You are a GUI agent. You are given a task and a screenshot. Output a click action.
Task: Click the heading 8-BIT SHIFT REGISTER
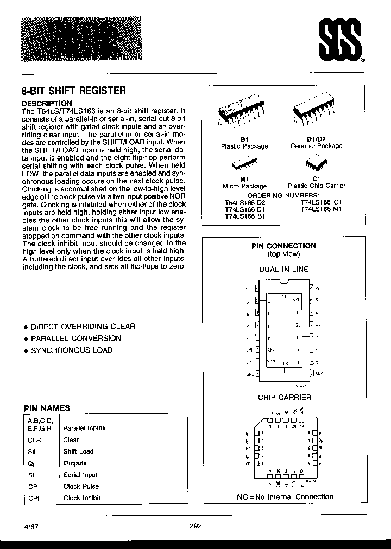coord(73,91)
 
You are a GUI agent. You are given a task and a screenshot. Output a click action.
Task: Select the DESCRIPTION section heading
coord(46,103)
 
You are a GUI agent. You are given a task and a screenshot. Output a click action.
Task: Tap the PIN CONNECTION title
coord(283,246)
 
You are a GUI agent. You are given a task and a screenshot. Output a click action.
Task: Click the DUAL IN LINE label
coord(283,269)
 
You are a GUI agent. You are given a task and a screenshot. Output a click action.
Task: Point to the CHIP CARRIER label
coord(284,398)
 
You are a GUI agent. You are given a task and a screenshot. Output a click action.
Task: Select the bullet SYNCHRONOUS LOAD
coord(72,350)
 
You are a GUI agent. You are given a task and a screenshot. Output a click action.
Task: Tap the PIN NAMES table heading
coord(46,408)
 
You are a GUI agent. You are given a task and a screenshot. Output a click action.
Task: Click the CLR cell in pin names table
coord(35,439)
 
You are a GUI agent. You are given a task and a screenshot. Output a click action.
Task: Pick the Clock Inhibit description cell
coord(82,498)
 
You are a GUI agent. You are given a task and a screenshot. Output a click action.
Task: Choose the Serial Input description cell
coord(80,475)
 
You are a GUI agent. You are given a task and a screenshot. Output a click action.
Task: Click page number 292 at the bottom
coord(196,526)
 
